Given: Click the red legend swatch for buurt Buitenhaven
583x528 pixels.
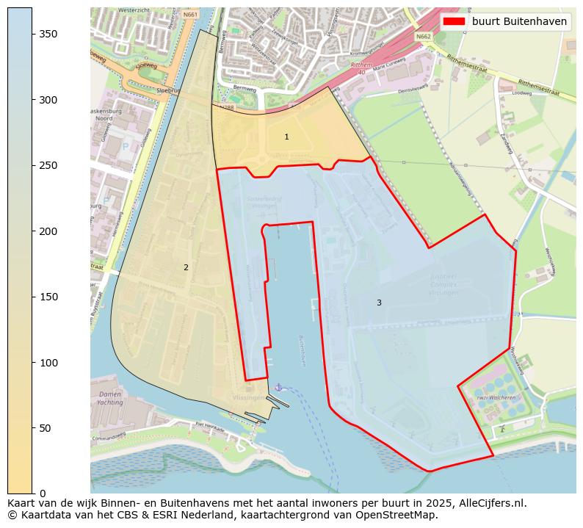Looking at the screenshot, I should coord(455,21).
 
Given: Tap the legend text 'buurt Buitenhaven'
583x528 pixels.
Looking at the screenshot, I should coord(519,21).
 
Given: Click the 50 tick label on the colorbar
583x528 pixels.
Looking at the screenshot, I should coord(45,428).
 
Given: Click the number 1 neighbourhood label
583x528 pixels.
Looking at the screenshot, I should coord(286,137).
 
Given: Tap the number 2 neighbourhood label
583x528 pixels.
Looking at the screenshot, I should coord(186,267).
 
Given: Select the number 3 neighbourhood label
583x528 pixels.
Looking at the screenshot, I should coord(379,303).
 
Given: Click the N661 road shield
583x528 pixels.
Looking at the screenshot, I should coord(191,15).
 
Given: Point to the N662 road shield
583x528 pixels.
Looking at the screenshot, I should coord(423,37).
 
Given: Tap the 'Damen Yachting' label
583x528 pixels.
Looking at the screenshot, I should coord(110,399).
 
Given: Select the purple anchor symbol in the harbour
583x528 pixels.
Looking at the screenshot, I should coord(278,387).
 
